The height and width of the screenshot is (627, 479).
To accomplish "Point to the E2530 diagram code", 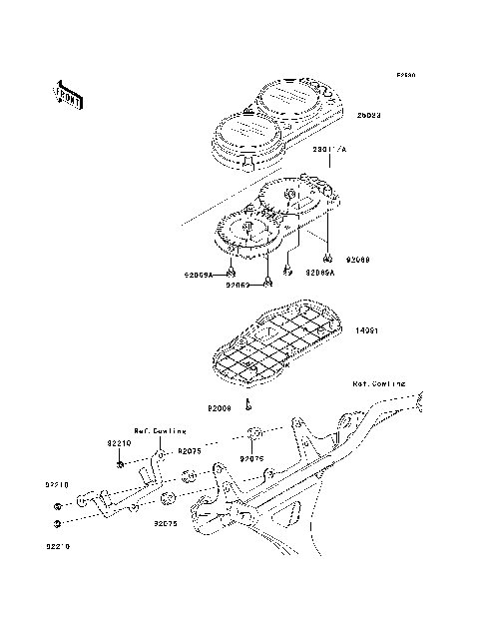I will click(x=403, y=75).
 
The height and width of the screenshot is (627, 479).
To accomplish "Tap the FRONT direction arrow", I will click(x=69, y=95).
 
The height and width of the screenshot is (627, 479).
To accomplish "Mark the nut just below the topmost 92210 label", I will click(x=120, y=465).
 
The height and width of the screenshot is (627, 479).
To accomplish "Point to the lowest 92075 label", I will click(x=166, y=521).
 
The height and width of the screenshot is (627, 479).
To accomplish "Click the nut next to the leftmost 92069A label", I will click(x=232, y=272).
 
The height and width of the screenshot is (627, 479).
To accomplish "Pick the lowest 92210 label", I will click(x=56, y=546).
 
